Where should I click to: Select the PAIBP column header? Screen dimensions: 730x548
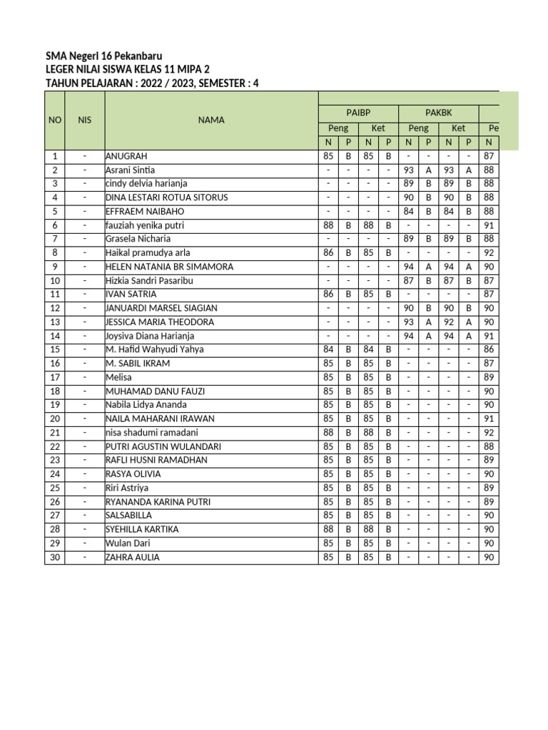(x=358, y=112)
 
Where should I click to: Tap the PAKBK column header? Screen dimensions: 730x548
(x=439, y=112)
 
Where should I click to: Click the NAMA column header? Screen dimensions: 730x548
(x=211, y=120)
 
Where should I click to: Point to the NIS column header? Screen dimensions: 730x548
(x=85, y=120)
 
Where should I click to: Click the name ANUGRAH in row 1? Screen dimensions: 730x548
(x=128, y=156)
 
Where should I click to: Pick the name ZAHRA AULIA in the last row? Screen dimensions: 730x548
(x=132, y=557)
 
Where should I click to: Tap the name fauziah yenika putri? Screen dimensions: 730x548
(x=144, y=225)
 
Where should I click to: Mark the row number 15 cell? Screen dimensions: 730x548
(x=55, y=349)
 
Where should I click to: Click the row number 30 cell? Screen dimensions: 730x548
(x=55, y=557)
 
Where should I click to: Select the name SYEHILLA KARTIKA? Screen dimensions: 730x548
(x=141, y=530)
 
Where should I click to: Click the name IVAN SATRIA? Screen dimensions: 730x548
(x=131, y=294)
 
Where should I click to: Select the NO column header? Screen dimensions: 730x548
(x=55, y=120)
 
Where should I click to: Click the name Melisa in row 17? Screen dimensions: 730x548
(x=118, y=377)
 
